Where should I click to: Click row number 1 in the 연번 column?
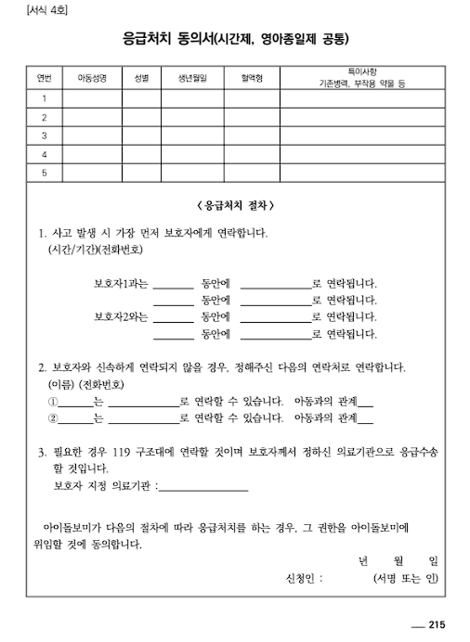coord(44,97)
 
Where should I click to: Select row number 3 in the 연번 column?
coord(44,135)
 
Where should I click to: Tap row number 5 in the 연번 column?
coord(44,173)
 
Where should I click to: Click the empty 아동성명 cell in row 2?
coord(92,117)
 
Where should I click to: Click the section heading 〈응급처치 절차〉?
coord(235,204)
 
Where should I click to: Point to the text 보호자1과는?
coord(121,283)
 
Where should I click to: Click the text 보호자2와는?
coord(121,316)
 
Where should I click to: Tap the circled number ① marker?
coord(52,402)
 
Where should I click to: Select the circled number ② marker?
coord(52,418)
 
